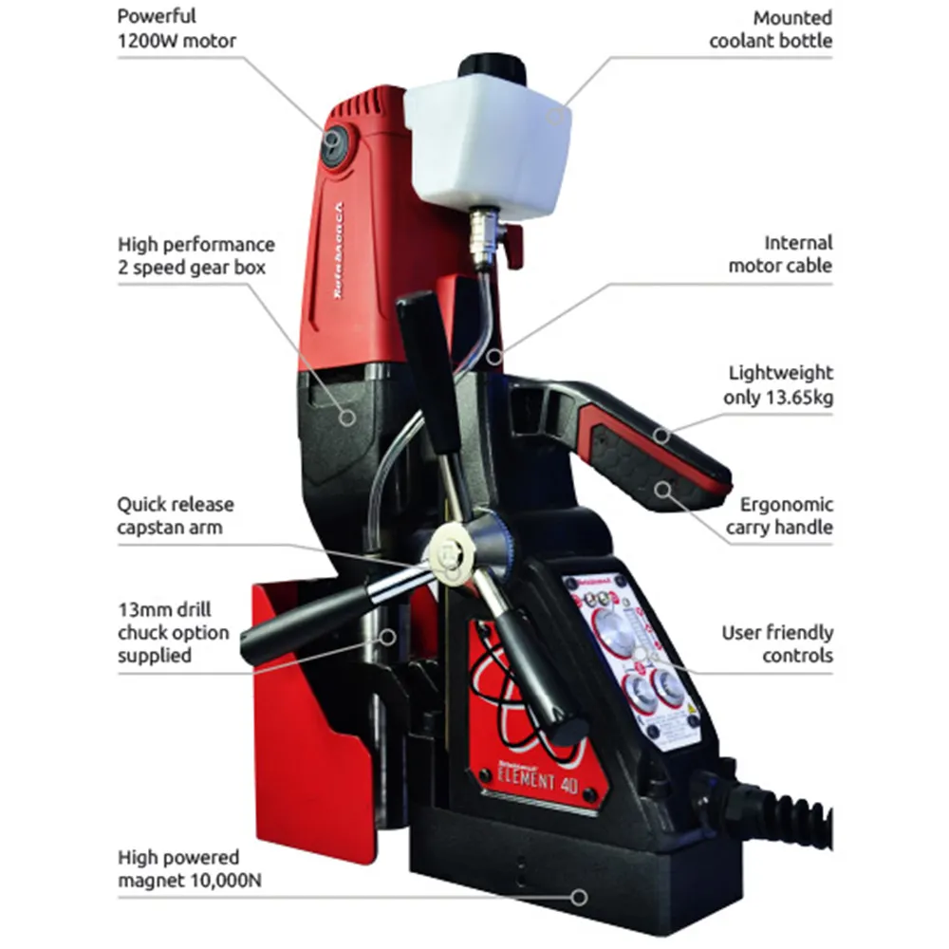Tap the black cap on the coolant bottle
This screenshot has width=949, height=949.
(x=492, y=67)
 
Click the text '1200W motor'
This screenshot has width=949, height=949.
(x=177, y=41)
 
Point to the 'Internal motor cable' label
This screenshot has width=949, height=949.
(x=779, y=254)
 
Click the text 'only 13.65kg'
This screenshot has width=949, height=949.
(x=777, y=398)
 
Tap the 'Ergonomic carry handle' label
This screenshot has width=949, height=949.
(x=779, y=516)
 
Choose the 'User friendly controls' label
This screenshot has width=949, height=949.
(x=777, y=643)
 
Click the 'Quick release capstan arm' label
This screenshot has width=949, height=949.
(x=176, y=515)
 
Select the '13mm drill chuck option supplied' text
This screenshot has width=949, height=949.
(x=173, y=631)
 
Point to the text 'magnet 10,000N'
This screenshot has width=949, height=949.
(x=190, y=881)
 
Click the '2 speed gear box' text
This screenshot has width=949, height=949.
(x=192, y=268)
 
